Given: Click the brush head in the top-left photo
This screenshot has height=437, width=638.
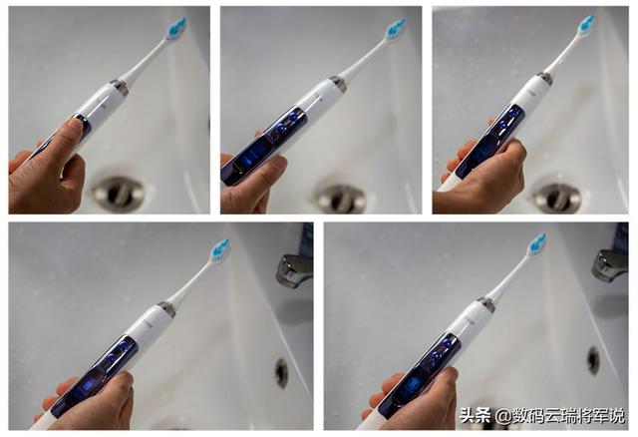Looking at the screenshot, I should (175, 30).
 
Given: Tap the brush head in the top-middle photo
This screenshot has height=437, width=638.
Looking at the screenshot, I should (395, 30).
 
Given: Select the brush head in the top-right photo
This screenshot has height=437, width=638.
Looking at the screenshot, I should (585, 26).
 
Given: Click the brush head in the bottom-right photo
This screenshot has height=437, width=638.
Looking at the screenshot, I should (536, 244).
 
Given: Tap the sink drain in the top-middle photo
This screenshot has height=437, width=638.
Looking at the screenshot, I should (341, 197).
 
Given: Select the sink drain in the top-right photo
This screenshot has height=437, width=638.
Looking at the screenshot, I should (556, 197).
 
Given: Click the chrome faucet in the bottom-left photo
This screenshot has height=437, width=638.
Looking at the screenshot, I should (294, 269).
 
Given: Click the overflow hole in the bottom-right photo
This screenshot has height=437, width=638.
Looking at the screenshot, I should (594, 360).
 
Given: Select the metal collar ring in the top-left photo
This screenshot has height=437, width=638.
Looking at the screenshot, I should (120, 87).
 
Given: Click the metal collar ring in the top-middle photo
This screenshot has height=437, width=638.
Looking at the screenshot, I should (338, 84).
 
